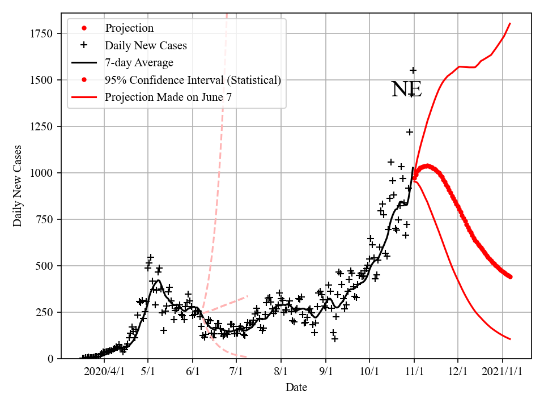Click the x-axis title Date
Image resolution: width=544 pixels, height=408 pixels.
[x=296, y=388]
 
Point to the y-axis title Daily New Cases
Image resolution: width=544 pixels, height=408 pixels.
[x=18, y=185]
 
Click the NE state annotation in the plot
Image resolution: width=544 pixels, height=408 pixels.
[x=406, y=90]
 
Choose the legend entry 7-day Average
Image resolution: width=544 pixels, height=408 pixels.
[x=139, y=62]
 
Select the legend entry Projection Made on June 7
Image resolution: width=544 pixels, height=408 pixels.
[x=168, y=97]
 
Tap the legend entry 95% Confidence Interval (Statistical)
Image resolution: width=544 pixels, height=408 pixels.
[x=193, y=80]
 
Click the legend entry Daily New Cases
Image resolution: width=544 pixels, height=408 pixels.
[x=146, y=45]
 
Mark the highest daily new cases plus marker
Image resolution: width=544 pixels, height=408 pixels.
[x=413, y=70]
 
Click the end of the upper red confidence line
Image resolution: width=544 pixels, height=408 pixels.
[x=511, y=23]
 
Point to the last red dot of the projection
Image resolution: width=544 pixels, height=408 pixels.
[x=511, y=277]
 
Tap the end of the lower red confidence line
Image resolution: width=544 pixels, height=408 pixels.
[x=511, y=339]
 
